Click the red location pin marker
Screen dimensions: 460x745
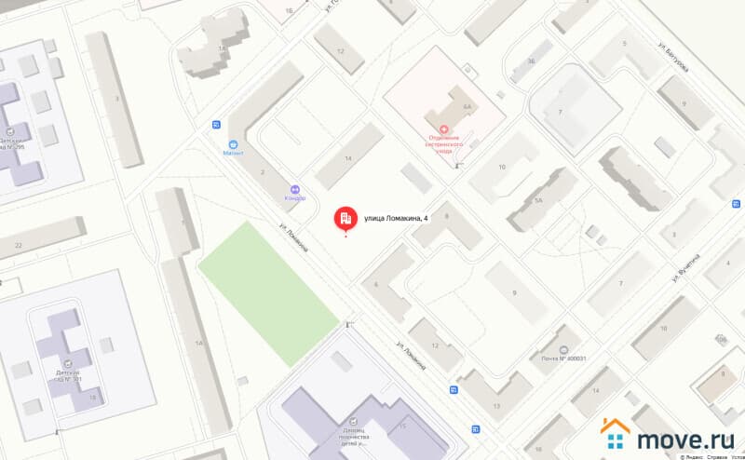(x=345, y=218)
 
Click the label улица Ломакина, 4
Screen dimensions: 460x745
(x=397, y=218)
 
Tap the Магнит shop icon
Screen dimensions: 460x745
(x=235, y=144)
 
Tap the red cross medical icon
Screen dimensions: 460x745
(x=444, y=129)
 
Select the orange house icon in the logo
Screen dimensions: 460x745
(x=616, y=434)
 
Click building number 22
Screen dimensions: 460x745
(x=19, y=244)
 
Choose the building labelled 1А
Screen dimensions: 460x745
(x=198, y=344)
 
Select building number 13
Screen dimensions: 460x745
(x=496, y=406)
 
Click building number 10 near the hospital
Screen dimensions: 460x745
(x=501, y=167)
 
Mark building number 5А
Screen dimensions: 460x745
(x=537, y=198)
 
